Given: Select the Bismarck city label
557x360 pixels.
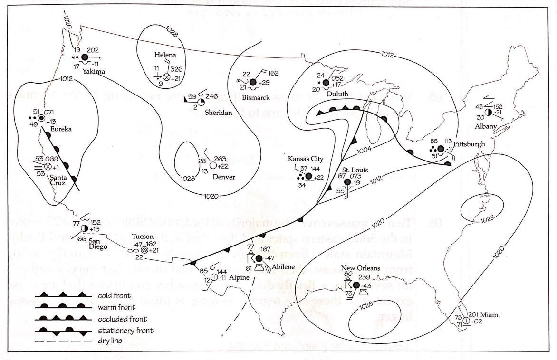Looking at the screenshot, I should (257, 98).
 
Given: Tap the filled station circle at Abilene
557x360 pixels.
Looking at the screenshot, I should (259, 258).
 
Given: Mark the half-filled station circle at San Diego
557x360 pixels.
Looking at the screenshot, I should (85, 228).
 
